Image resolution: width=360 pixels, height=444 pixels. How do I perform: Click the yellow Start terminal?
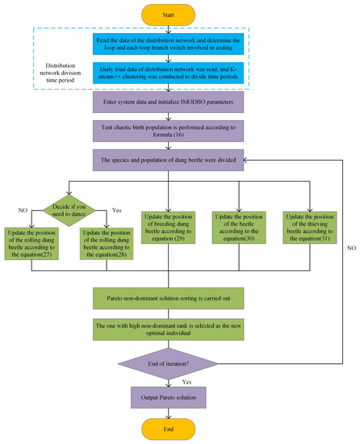point(180,14)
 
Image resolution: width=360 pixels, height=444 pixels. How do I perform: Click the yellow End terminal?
point(180,429)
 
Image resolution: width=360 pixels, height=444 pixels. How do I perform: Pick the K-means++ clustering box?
point(180,76)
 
